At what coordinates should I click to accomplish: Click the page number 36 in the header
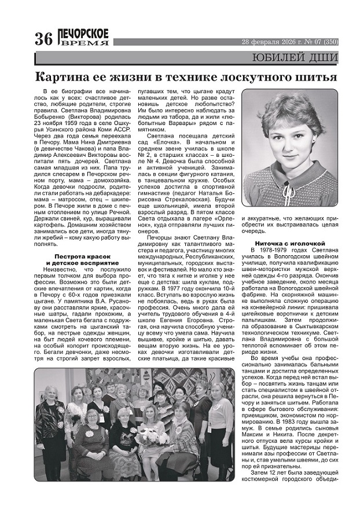coord(45,39)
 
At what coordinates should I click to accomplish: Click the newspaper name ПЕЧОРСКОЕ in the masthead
coord(83,34)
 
